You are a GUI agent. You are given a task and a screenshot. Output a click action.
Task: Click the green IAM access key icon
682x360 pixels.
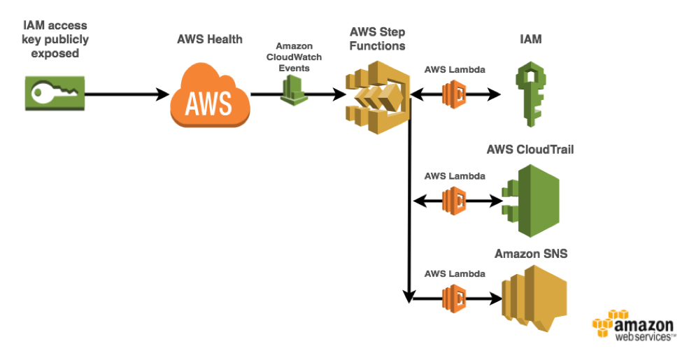coord(55,93)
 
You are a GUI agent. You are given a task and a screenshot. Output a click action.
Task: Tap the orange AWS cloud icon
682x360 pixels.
coord(210,95)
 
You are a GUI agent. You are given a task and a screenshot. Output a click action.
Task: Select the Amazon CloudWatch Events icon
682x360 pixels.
coord(294,90)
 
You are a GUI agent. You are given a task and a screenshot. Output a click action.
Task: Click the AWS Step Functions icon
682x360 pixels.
coord(378,97)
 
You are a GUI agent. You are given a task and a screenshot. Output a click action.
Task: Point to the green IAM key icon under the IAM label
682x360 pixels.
coord(531,94)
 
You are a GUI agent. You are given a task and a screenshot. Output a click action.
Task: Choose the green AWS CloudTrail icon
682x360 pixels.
coord(530,201)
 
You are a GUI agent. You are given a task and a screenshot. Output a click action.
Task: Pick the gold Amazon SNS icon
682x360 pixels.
coord(534,298)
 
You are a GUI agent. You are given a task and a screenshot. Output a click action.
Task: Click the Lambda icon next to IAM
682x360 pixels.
coord(455,94)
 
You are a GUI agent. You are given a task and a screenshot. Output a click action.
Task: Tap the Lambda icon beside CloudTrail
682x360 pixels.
coord(455,201)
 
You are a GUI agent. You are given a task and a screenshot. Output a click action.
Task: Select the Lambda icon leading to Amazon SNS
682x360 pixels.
coord(455,298)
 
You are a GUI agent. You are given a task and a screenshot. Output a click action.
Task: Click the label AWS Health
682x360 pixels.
coord(210,39)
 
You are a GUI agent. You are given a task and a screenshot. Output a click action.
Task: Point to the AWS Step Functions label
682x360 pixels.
coord(378,38)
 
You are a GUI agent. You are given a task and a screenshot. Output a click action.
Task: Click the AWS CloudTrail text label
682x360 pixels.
coord(530,150)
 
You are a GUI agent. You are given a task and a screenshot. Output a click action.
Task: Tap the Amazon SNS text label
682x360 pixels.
coord(531,254)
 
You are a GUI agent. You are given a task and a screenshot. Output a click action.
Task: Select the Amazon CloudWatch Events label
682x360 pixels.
coord(294,57)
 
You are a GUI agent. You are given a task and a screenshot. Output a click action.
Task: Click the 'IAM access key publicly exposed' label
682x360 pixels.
coord(55,39)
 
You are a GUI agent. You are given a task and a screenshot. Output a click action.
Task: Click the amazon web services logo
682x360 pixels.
coord(634,325)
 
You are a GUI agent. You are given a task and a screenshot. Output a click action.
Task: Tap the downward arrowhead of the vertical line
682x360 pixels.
coord(409,296)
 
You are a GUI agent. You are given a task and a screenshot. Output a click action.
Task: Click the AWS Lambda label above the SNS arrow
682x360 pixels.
coord(455,274)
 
